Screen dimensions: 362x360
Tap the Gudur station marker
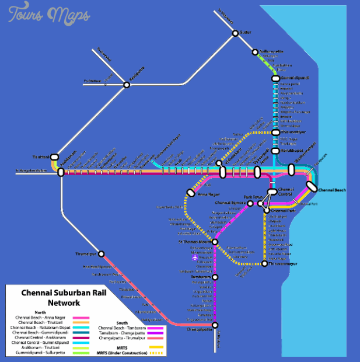click(235, 33)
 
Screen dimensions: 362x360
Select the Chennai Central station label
click(286, 192)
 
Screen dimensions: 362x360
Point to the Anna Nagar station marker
click(190, 193)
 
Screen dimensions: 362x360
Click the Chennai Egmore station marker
click(250, 204)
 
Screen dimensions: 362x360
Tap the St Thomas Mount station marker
click(215, 242)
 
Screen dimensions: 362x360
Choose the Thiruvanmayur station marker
click(264, 264)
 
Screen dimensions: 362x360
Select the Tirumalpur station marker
click(101, 254)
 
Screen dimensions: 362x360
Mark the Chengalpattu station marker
click(215, 325)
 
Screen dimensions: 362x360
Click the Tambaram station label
click(200, 277)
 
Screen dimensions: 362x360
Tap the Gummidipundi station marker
click(276, 78)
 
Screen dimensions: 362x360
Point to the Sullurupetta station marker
click(255, 52)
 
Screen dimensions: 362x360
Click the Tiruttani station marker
click(54, 157)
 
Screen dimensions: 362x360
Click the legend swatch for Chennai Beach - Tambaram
click(155, 328)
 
